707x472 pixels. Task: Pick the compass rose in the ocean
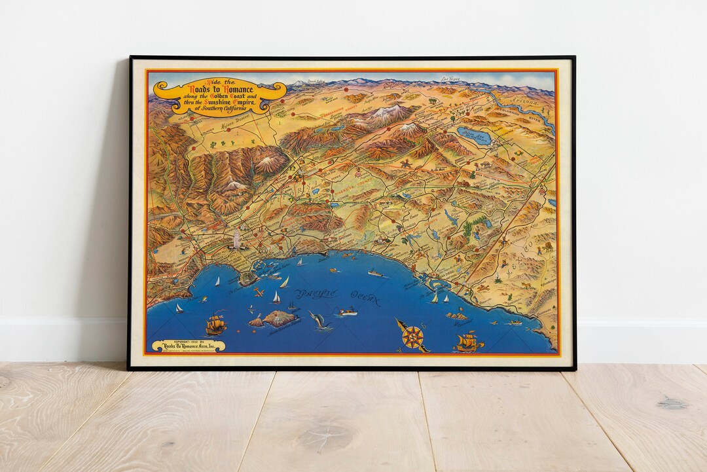click(412, 336)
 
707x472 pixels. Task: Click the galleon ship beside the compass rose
click(469, 342)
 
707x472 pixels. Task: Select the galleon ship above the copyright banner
click(215, 324)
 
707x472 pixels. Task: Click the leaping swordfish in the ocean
click(317, 320)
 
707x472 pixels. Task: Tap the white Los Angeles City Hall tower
click(236, 239)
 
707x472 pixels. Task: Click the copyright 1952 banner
click(188, 346)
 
